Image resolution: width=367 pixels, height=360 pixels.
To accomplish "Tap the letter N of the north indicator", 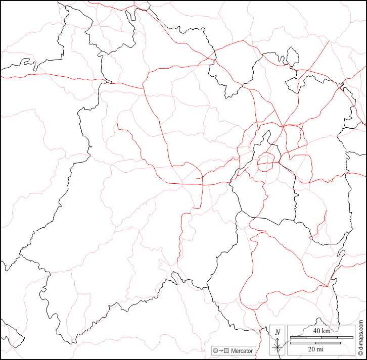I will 278,332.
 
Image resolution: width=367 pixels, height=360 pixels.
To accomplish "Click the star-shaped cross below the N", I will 278,347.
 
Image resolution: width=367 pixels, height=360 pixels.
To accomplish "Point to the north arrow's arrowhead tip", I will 278,337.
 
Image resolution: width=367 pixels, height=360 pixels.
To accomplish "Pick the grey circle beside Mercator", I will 215,350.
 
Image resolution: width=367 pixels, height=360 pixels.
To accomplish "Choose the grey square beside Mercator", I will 226,350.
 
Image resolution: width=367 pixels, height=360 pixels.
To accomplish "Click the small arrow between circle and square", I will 221,350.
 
